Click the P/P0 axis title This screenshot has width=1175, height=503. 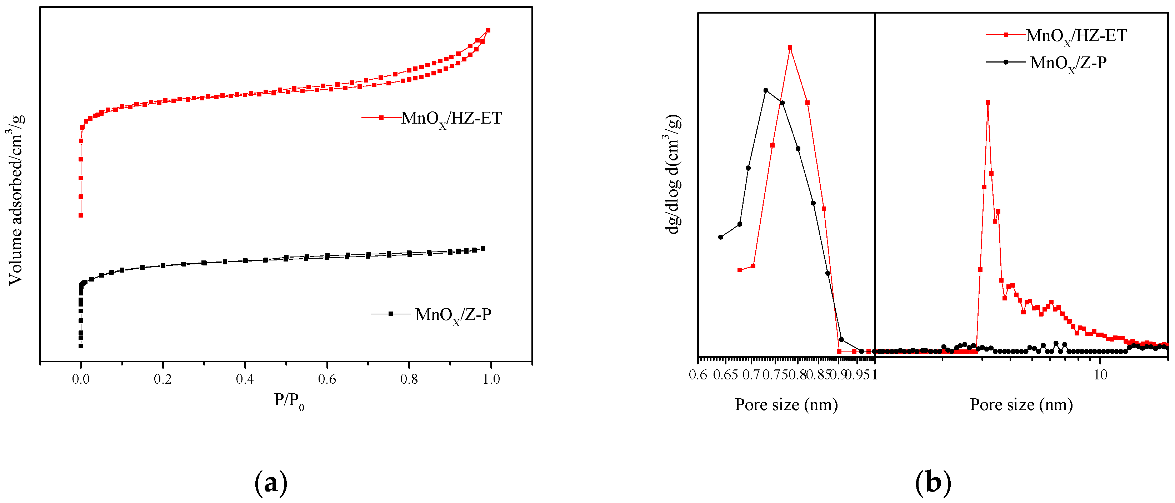[x=289, y=401]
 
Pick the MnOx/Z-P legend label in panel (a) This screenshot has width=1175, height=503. [x=453, y=315]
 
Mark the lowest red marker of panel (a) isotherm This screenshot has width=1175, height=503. [x=81, y=215]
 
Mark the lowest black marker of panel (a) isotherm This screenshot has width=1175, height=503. [x=81, y=346]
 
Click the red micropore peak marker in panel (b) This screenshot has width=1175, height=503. [x=790, y=48]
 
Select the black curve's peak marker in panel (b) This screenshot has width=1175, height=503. [x=766, y=90]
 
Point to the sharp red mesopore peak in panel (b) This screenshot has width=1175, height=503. [x=988, y=103]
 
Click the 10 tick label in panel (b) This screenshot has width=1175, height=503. [x=1101, y=375]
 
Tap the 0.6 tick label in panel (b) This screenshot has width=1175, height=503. [x=698, y=375]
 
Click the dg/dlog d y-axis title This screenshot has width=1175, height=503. [x=674, y=174]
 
